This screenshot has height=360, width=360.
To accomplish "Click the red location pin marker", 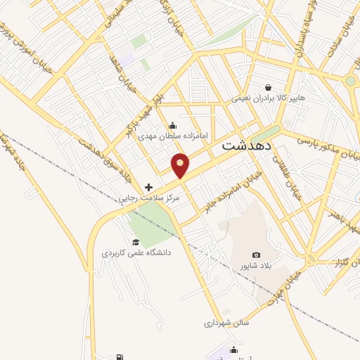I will (x=181, y=165).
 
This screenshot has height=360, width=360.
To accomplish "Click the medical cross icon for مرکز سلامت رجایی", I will (x=148, y=187).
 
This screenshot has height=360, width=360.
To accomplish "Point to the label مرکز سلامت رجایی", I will (x=148, y=199).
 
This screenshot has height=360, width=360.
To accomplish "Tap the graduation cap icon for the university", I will (x=135, y=242).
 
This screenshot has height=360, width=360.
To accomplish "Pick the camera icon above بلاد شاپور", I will (x=256, y=255).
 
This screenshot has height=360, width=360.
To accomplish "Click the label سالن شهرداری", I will (x=222, y=323).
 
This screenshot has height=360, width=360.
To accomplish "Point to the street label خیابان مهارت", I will (x=288, y=285).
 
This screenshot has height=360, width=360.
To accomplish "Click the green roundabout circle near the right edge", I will (x=351, y=82).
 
